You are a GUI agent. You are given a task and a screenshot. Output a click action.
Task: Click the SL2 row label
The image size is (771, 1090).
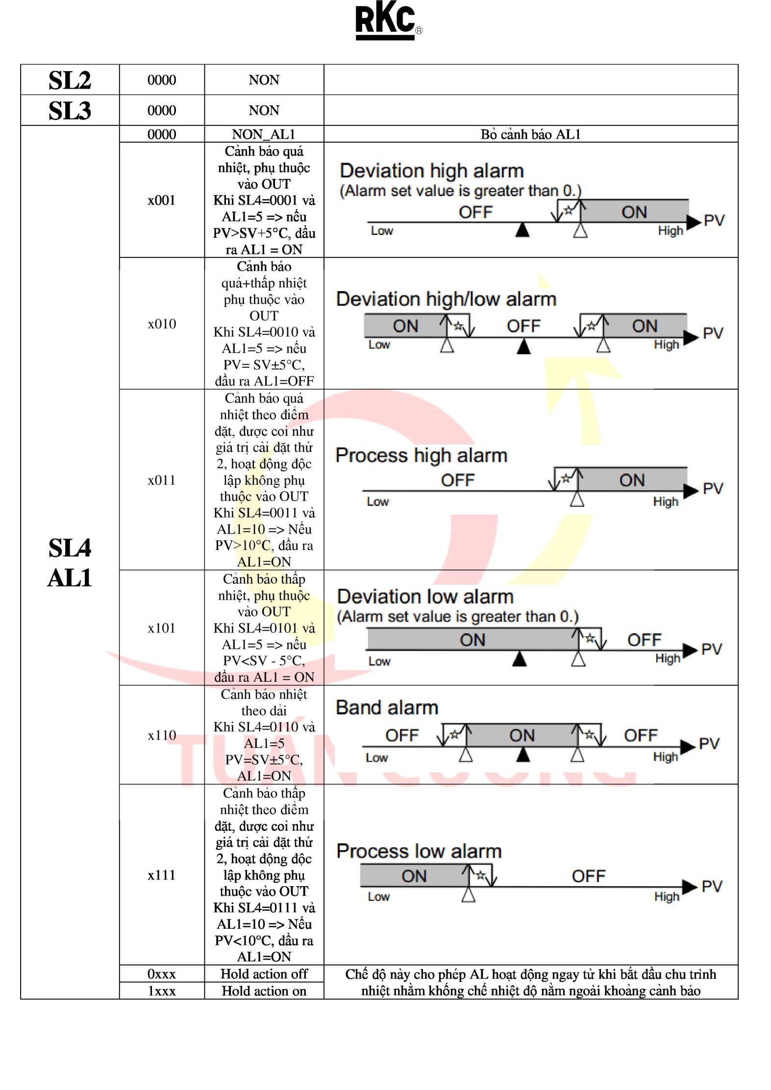tap(70, 80)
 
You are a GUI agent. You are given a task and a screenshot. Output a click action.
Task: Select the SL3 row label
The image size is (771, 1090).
tap(70, 110)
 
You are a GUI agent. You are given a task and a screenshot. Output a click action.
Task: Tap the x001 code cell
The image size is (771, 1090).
tap(161, 200)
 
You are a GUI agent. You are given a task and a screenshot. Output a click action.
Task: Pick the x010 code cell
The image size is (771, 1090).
tap(161, 323)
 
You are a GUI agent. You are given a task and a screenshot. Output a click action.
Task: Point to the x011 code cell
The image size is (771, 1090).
tap(161, 480)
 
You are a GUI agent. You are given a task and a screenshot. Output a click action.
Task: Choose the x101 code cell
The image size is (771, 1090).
tap(161, 628)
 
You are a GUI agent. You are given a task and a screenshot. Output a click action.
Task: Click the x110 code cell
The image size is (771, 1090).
tap(161, 735)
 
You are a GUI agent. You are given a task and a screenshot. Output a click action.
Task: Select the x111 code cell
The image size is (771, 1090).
tap(161, 875)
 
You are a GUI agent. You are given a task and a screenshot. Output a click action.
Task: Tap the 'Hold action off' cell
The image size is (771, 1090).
tap(264, 974)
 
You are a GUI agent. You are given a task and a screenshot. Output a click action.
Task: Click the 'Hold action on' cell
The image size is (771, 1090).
tap(264, 991)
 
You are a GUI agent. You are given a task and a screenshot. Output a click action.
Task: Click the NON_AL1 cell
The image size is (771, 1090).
tap(264, 134)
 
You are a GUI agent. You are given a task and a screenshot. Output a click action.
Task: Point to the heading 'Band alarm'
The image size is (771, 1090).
tap(387, 708)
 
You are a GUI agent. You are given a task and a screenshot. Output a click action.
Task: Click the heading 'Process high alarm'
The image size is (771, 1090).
tap(421, 455)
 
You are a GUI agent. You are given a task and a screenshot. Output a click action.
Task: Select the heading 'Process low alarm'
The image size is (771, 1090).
tap(419, 851)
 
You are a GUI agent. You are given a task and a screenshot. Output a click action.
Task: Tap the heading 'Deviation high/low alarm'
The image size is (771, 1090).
tap(446, 299)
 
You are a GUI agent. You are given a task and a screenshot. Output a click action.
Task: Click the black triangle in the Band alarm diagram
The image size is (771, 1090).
tap(523, 755)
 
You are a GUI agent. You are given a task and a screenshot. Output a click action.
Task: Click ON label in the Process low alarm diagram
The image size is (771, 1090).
tap(414, 876)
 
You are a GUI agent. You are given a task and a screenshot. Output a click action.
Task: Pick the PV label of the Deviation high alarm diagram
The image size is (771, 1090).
tap(714, 221)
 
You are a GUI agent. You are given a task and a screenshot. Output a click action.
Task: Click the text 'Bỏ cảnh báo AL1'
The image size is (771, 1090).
tap(530, 134)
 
